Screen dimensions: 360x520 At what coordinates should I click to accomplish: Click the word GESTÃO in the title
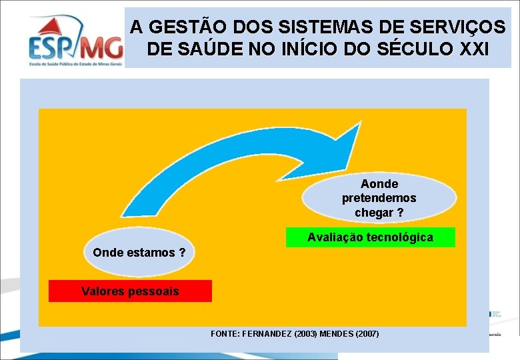(x=182, y=27)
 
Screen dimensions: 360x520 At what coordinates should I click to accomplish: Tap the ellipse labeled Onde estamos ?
(x=139, y=253)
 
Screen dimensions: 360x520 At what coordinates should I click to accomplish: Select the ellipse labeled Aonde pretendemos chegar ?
(x=379, y=198)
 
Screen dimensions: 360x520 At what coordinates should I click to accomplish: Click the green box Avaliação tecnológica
(x=370, y=237)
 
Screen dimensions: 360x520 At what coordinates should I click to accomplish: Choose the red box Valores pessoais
(x=130, y=291)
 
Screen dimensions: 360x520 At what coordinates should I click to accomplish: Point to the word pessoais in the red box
(x=155, y=291)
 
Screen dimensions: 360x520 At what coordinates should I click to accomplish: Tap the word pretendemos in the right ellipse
(x=379, y=198)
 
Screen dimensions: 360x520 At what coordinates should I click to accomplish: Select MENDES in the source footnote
(x=335, y=333)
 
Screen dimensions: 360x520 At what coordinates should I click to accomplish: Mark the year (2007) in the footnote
(x=367, y=333)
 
